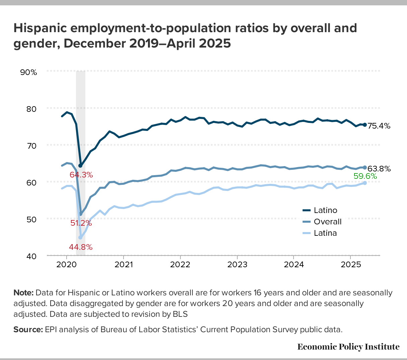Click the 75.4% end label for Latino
coord(379,126)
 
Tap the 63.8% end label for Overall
coord(379,169)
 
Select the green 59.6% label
coord(365,176)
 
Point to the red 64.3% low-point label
coord(81,174)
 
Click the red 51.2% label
coord(81,223)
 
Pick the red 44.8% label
coord(81,247)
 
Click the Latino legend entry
coord(325,210)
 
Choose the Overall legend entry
coord(327,222)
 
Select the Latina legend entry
coord(325,233)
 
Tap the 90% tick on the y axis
coord(29,72)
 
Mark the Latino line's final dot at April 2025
coord(365,125)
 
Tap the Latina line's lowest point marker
coord(80,238)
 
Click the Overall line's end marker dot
coord(365,167)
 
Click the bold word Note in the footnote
coord(23,293)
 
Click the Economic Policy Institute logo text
coord(348,347)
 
